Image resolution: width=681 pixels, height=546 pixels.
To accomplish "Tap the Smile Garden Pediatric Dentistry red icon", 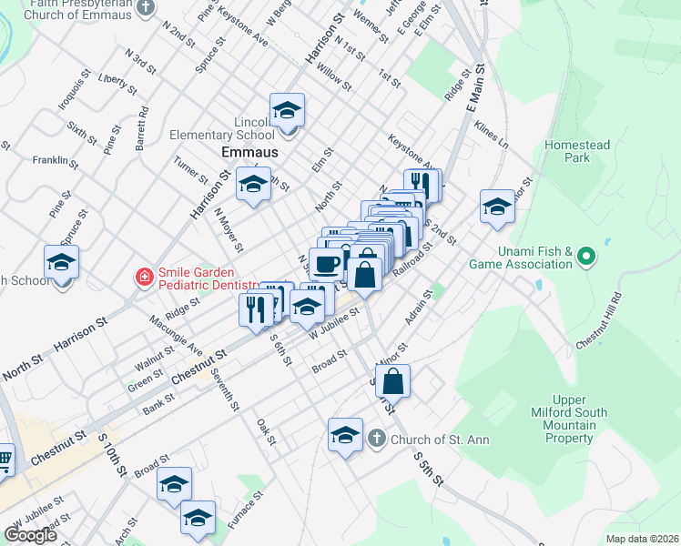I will tap(144, 276).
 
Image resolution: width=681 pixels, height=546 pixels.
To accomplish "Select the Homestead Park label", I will tap(568, 151).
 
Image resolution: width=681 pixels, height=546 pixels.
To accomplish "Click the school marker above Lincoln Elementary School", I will tap(288, 111).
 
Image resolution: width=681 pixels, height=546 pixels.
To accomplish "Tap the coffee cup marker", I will tap(326, 264).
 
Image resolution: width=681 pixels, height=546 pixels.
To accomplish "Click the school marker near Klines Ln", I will tap(498, 207).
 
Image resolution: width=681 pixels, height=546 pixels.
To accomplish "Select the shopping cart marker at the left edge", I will tap(5, 460).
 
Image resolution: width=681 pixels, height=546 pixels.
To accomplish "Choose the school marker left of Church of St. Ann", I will tap(345, 437).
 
